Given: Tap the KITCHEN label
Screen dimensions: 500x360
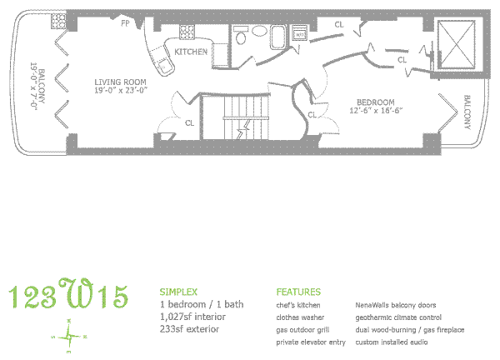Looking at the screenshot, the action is tap(191, 52).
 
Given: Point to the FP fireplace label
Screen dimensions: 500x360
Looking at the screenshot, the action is tap(125, 23).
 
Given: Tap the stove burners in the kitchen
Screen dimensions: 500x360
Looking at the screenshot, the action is tap(186, 32).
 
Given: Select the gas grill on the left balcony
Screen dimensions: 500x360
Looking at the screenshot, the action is tap(57, 23).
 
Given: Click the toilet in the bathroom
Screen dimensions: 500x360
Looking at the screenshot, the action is tap(241, 35).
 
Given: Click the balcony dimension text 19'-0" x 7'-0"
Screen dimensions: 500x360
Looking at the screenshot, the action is tap(34, 87).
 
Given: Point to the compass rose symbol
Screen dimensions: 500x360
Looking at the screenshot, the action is tap(72, 334).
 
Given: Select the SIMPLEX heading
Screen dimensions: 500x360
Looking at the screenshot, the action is tap(177, 292).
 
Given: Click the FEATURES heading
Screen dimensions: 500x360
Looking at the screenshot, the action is tap(298, 292).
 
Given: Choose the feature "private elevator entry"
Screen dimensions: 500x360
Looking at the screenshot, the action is tap(311, 342).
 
